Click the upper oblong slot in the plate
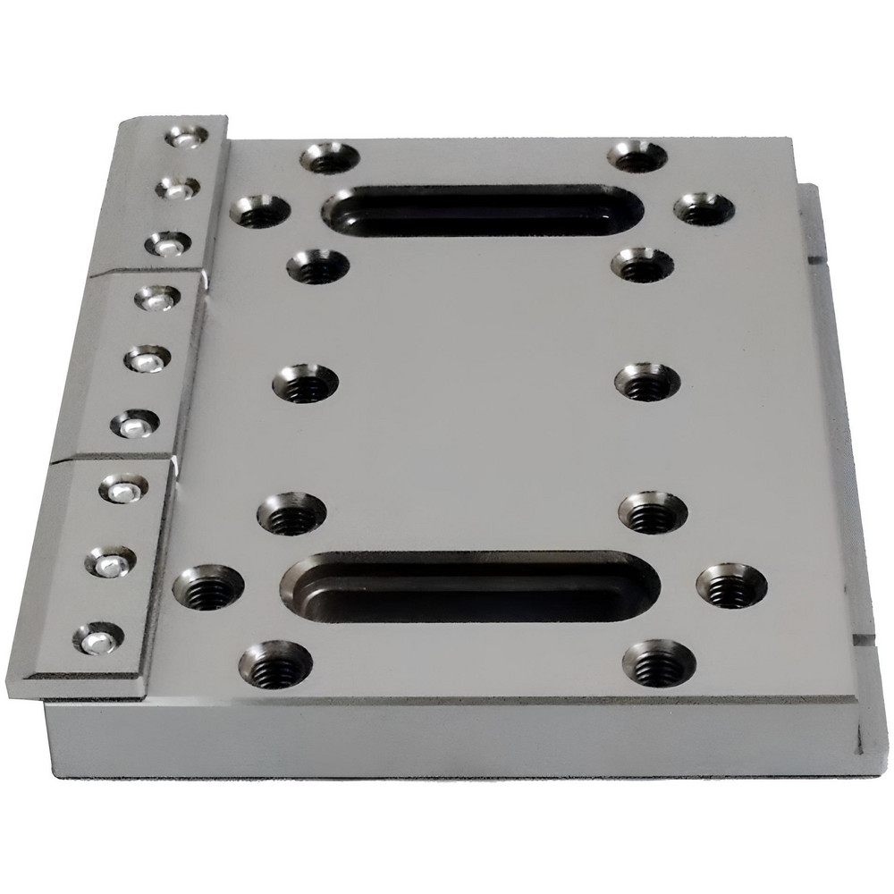click(481, 210)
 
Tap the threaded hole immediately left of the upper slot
click(259, 211)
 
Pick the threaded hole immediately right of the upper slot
click(704, 209)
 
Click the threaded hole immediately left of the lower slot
click(208, 586)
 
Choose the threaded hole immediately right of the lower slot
click(731, 586)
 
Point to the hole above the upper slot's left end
click(329, 158)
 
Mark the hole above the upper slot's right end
click(637, 157)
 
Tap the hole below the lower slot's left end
click(275, 663)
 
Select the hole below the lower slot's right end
click(658, 662)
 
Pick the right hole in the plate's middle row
click(647, 383)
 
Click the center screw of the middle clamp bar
click(148, 359)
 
